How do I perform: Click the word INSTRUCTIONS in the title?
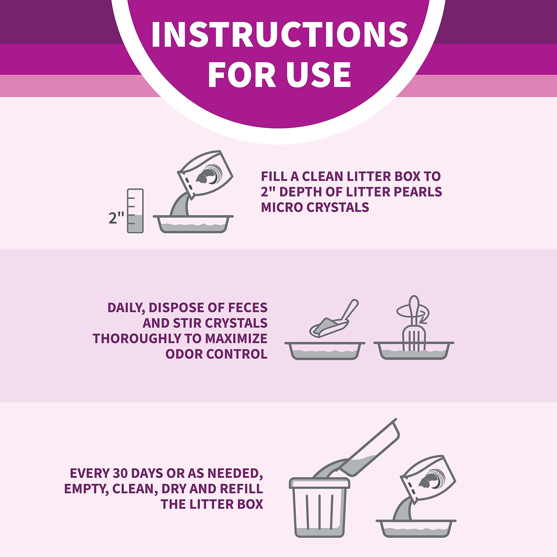280,34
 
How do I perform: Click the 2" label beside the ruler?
116,218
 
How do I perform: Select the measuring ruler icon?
135,211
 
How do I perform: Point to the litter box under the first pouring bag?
193,224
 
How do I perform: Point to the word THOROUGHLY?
138,339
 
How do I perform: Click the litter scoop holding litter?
334,319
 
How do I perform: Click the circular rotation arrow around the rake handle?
413,313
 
